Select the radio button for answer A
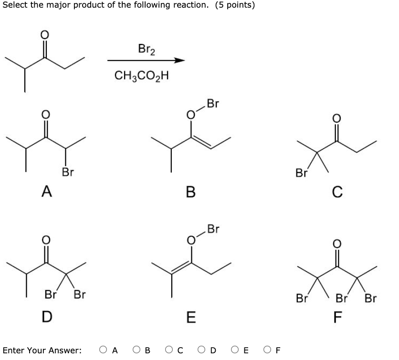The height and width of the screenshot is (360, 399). pos(103,350)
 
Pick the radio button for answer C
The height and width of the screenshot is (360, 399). pos(170,350)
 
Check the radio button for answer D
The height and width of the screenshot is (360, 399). pos(203,350)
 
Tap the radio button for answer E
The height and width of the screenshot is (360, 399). pos(237,350)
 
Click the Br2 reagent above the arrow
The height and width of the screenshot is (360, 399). pos(146,49)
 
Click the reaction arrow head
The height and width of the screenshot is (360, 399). pos(179,61)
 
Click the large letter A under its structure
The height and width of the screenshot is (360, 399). pos(47,191)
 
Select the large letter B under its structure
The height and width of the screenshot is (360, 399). pos(191,192)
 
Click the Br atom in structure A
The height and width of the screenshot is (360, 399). pos(67,171)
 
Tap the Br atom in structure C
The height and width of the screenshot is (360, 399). pos(302,173)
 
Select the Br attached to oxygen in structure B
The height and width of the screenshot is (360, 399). pos(213,104)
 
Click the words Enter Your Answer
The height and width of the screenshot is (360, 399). pos(42,350)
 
